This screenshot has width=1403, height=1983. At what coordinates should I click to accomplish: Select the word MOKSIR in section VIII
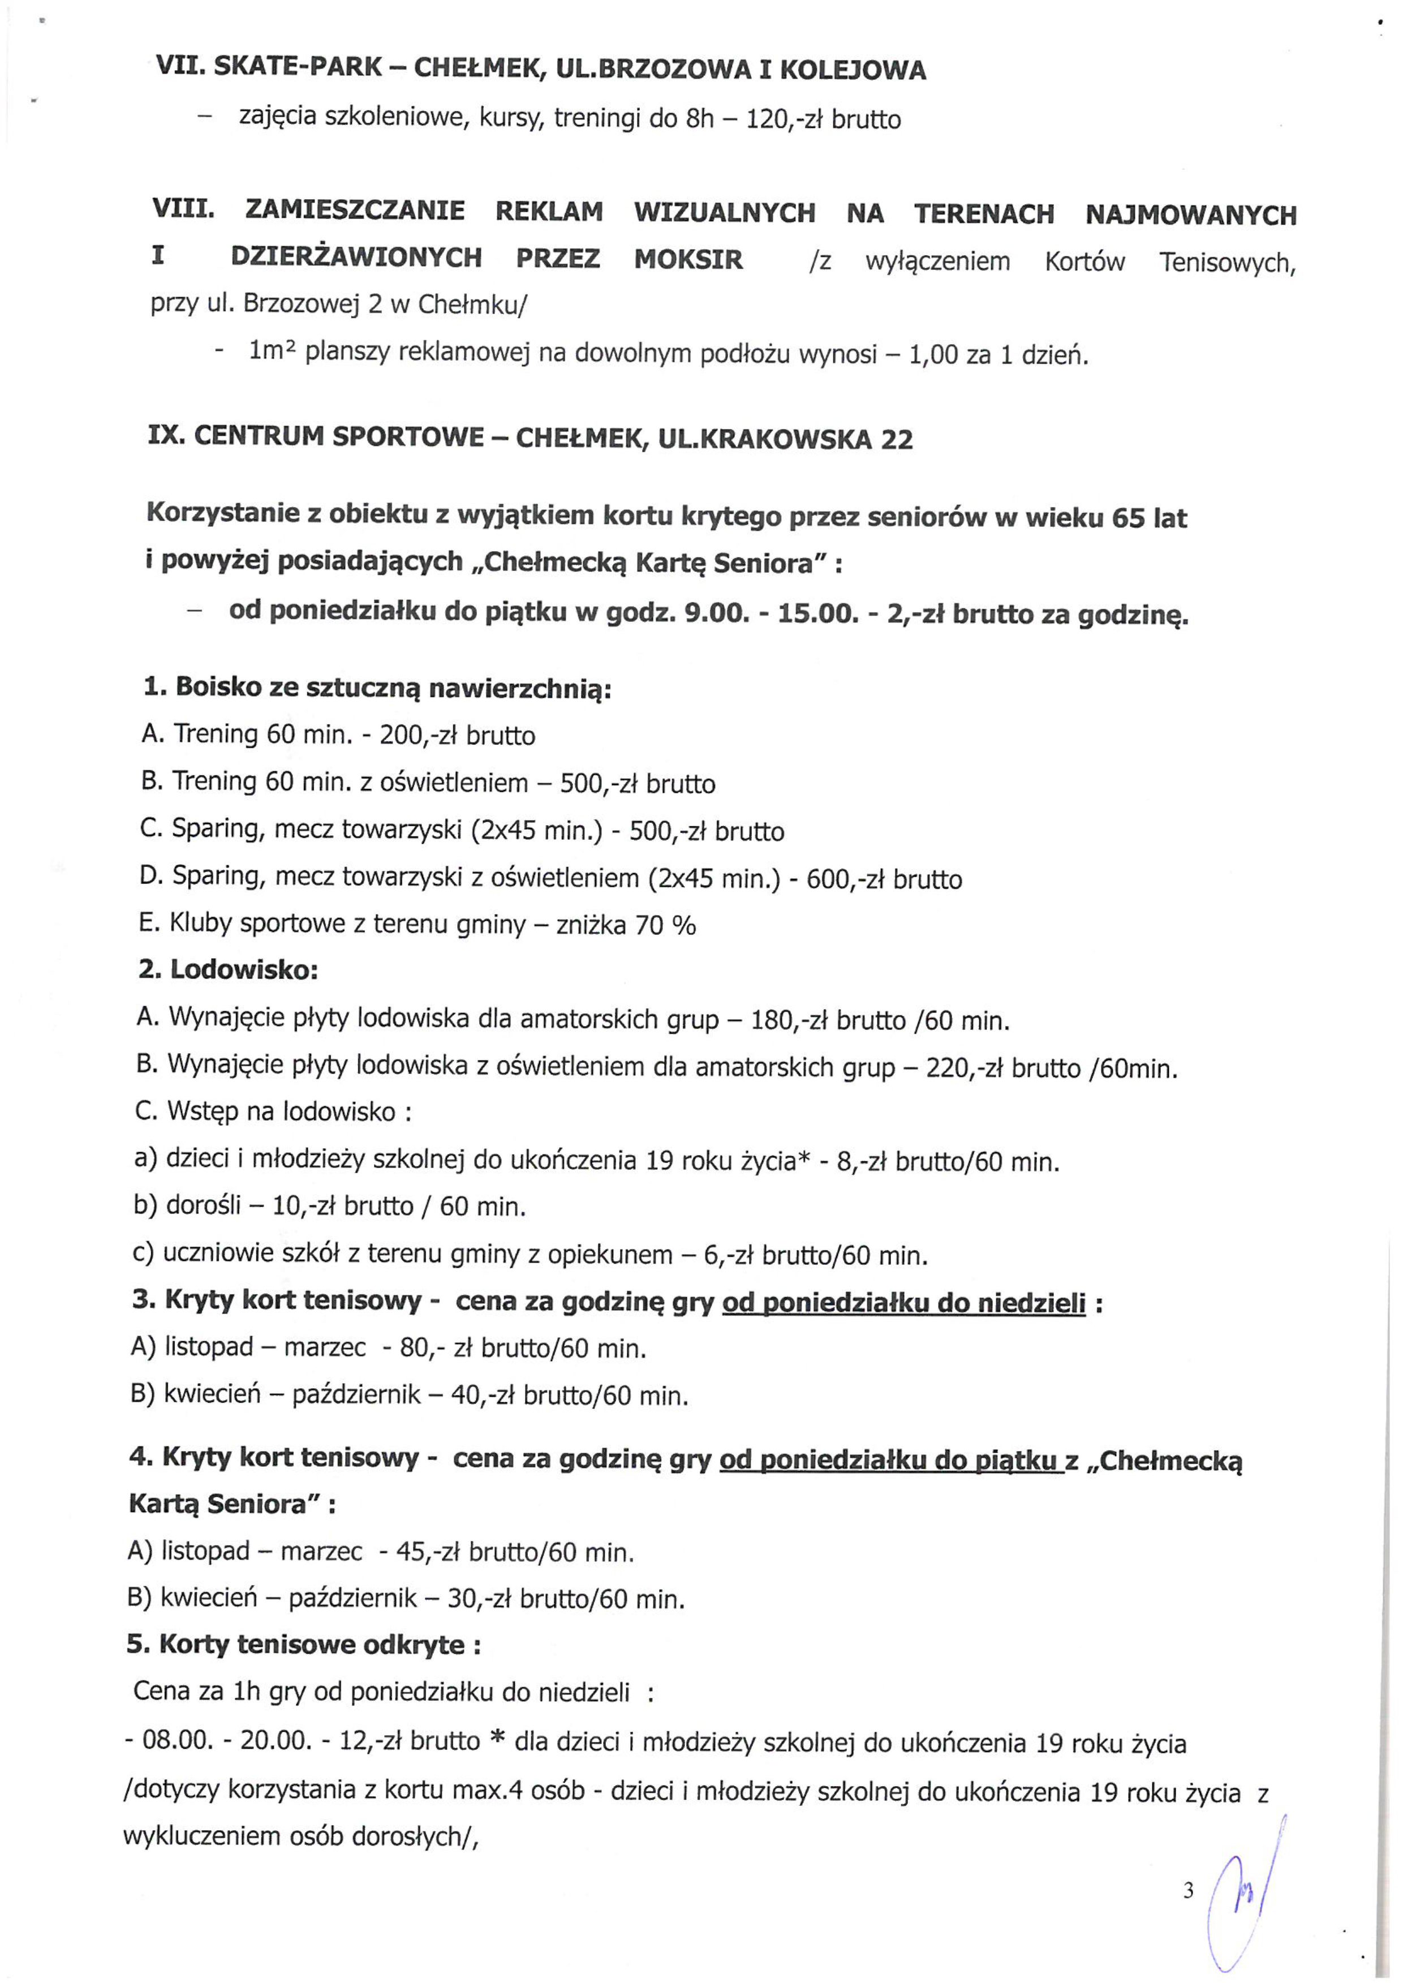pos(688,259)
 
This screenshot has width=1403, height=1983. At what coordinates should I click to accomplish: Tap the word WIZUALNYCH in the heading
pos(724,213)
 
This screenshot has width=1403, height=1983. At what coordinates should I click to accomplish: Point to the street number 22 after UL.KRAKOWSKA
pos(896,440)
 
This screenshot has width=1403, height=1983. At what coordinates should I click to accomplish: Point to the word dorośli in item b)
pos(202,1205)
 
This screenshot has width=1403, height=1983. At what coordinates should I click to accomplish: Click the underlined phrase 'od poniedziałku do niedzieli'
pos(903,1302)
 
